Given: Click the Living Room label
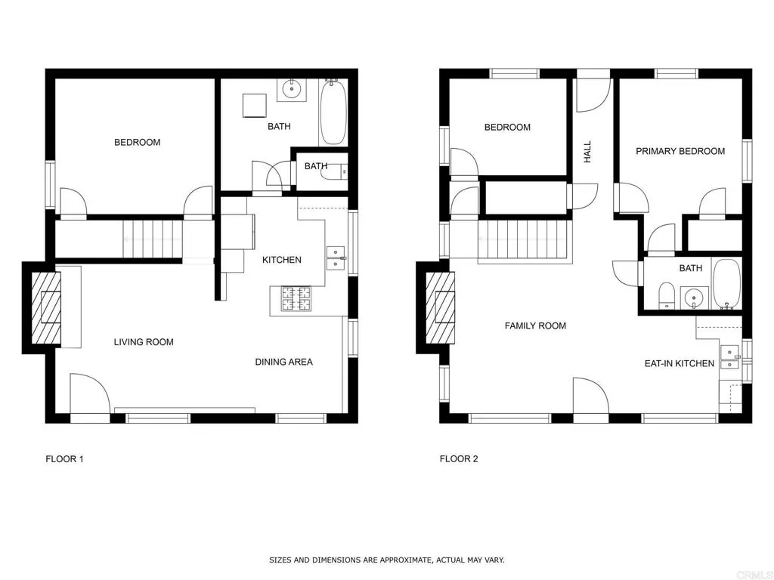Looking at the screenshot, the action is pyautogui.click(x=144, y=342).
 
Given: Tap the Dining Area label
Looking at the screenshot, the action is pyautogui.click(x=284, y=362).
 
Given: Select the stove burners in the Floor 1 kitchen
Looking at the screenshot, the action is pyautogui.click(x=296, y=299).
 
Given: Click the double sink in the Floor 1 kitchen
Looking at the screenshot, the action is pyautogui.click(x=336, y=258).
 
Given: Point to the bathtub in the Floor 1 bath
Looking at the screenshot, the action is pyautogui.click(x=333, y=113).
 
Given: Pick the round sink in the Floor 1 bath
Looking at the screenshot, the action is pyautogui.click(x=292, y=89).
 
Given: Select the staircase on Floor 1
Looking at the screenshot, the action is pyautogui.click(x=153, y=239).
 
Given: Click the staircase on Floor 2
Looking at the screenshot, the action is pyautogui.click(x=525, y=242).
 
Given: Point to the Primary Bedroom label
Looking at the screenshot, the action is pyautogui.click(x=680, y=151).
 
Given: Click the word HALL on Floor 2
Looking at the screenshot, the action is pyautogui.click(x=587, y=152).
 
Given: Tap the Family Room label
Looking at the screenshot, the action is pyautogui.click(x=535, y=326).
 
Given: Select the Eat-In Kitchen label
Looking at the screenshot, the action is pyautogui.click(x=680, y=363).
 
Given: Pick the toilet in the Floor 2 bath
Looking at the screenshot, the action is pyautogui.click(x=667, y=296).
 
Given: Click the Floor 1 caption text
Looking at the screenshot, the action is pyautogui.click(x=65, y=459).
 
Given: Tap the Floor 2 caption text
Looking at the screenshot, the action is pyautogui.click(x=459, y=459).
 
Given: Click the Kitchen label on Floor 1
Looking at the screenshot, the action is pyautogui.click(x=282, y=260).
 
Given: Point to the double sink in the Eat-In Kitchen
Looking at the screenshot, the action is pyautogui.click(x=730, y=357).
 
